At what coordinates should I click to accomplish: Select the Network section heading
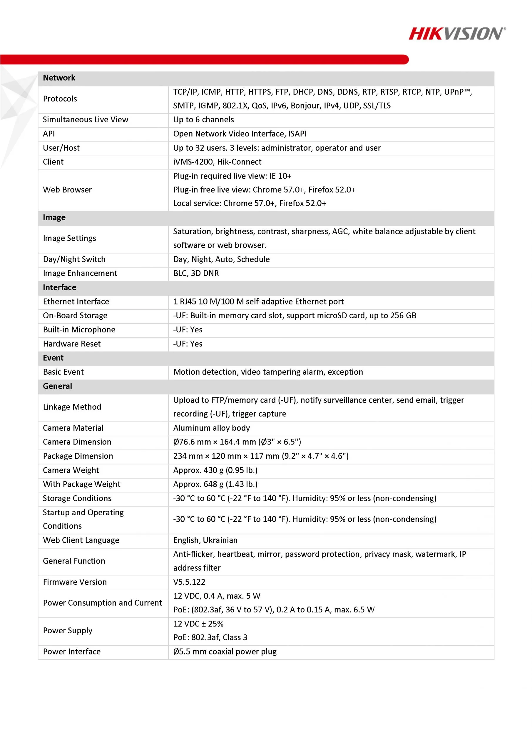59,78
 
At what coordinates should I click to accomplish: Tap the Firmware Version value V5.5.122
189,582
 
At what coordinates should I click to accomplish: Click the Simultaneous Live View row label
86,120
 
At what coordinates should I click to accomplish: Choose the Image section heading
54,217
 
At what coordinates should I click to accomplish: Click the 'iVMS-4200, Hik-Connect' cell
217,162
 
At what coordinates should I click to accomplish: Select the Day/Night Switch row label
74,259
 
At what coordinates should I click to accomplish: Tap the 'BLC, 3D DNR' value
196,273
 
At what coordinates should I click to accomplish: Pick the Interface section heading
59,287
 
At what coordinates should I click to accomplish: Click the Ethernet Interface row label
76,301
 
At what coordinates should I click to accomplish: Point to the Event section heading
53,358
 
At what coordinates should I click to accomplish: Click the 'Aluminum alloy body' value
211,428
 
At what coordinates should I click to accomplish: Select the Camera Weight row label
71,470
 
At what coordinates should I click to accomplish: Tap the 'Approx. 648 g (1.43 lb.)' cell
215,484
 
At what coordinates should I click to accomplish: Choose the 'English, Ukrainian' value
205,540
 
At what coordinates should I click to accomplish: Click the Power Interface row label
72,651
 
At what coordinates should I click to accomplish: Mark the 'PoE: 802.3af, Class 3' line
210,637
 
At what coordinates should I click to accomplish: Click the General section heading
57,386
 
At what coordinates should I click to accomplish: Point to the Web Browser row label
67,189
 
